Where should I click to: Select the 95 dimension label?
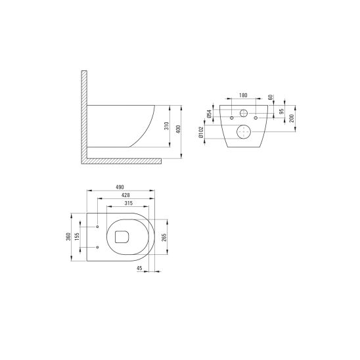(x=282, y=112)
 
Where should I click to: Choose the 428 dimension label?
(x=124, y=195)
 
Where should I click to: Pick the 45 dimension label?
(x=139, y=269)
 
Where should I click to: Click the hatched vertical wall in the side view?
(x=83, y=112)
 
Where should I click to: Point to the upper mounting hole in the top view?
(x=97, y=227)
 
